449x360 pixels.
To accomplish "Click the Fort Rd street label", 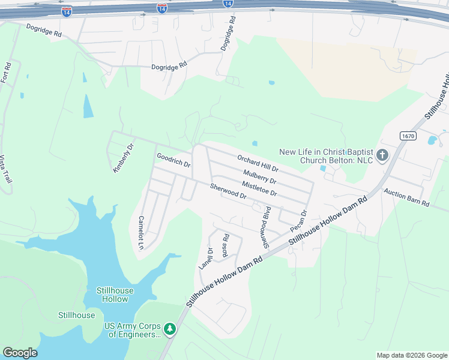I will point(7,73).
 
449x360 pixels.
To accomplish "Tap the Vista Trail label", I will point(6,170).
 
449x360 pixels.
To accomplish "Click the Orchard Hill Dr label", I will point(258,163).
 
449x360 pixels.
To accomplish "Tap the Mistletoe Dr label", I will point(259,189).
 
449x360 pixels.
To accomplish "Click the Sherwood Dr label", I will point(228,191).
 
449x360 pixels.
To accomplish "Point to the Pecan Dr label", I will point(298,221).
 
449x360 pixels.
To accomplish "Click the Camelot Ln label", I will point(142,233).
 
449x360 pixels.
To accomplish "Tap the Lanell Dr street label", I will point(205,258).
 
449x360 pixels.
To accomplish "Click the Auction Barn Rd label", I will point(406,199).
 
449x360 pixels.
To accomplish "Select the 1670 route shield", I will point(406,137).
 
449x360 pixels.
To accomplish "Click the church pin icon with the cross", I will point(382,156).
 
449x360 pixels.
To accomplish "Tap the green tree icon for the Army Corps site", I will point(170,328).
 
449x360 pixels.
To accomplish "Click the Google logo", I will point(20,353).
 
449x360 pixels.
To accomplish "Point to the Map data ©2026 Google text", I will point(411,355).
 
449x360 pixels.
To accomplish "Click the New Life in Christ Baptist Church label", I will point(326,156).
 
